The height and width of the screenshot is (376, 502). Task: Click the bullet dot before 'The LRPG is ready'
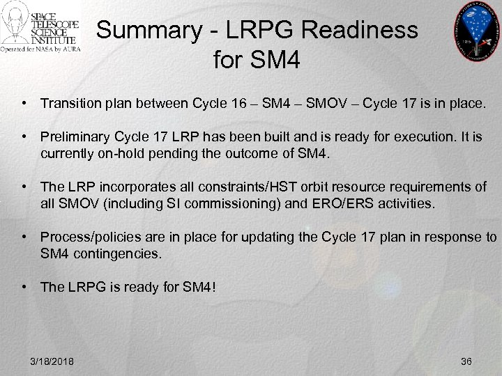(x=24, y=286)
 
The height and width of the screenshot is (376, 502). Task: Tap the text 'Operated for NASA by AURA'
(x=40, y=50)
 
